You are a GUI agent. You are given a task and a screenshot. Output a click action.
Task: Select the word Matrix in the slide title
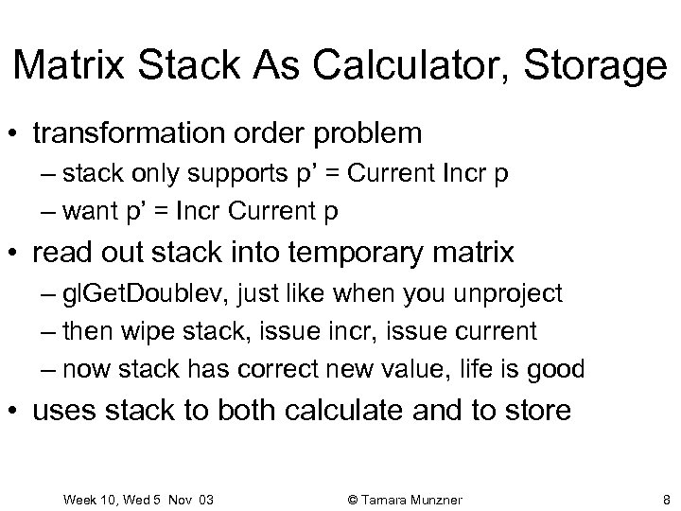click(72, 66)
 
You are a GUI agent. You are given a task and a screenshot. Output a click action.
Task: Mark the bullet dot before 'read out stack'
click(17, 253)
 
